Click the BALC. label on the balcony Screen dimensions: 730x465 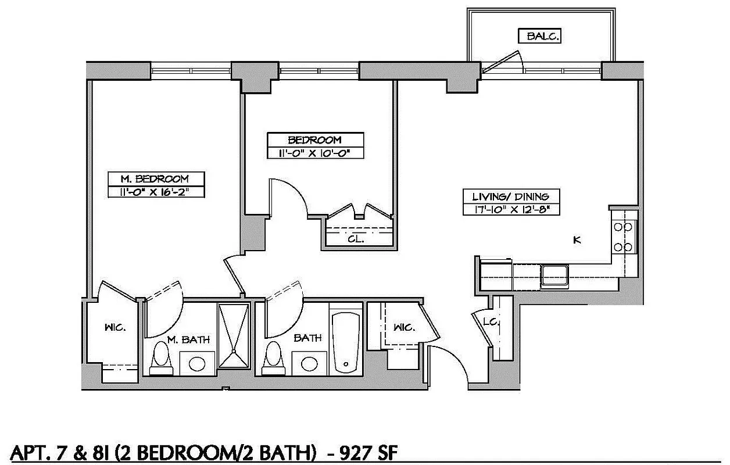tap(542, 36)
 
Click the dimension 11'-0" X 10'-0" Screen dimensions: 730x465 tap(315, 153)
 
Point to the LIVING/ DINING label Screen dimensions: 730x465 tap(511, 196)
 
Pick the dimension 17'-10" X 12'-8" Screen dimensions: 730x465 tap(511, 209)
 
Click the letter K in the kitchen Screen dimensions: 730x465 tap(577, 239)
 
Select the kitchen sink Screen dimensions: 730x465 tap(554, 275)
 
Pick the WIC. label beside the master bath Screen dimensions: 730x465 tap(114, 328)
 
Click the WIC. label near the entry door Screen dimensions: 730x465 tap(405, 327)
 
